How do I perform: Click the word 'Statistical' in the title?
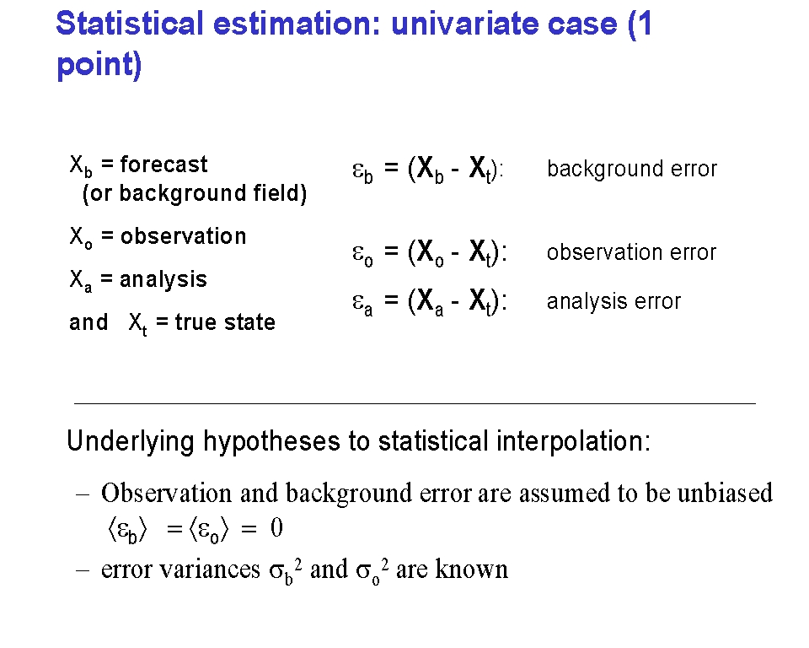[130, 24]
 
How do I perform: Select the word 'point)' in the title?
[99, 66]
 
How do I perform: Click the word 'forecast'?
[163, 165]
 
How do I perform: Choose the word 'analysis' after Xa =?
[163, 279]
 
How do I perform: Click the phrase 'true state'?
[225, 322]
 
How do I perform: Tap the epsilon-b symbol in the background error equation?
[362, 170]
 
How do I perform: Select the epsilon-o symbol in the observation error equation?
[362, 254]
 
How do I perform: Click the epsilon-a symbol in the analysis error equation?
[362, 303]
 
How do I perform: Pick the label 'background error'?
[632, 169]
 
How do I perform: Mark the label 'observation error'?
[631, 252]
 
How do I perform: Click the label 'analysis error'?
[614, 301]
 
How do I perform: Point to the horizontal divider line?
[415, 403]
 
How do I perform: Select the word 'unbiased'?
[725, 493]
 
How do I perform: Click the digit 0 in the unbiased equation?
[276, 527]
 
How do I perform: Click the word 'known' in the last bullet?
[472, 569]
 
